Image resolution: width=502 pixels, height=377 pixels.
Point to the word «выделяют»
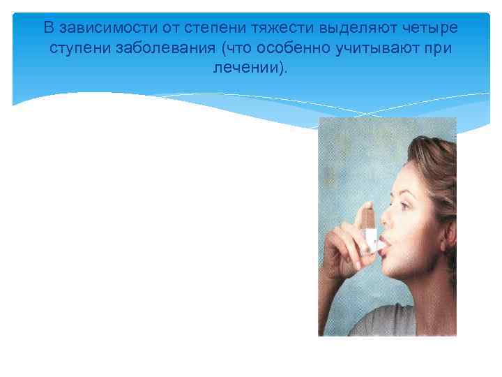coord(352,29)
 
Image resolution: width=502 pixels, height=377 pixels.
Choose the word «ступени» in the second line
coord(75,50)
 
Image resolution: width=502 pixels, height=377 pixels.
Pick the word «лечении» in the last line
coord(248,71)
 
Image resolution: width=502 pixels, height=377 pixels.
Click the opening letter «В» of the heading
coord(48,29)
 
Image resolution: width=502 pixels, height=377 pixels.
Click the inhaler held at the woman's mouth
coord(368,227)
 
